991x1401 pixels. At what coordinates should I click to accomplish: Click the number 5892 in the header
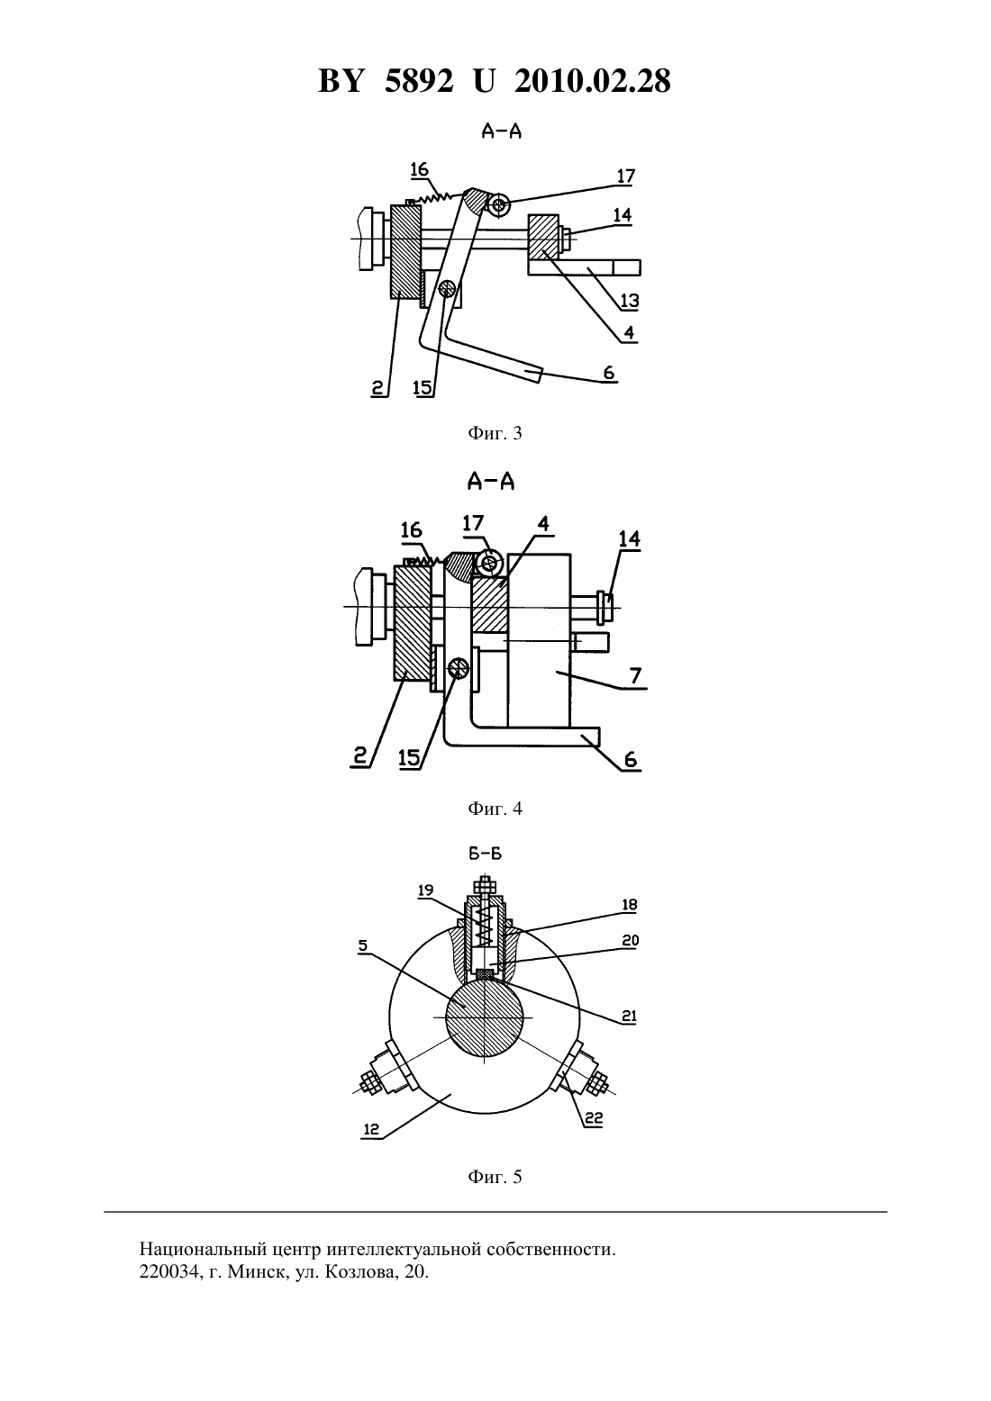419,81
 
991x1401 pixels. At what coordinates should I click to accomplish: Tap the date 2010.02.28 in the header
593,81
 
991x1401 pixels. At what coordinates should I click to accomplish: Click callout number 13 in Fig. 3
630,301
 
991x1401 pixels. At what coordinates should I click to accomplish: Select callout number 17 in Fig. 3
625,176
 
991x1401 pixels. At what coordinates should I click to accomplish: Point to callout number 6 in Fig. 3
609,374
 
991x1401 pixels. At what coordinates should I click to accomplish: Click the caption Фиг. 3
495,433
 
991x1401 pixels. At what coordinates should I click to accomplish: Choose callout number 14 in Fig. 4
630,538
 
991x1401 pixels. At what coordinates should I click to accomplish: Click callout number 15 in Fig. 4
409,758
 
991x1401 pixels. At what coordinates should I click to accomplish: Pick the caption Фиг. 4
495,809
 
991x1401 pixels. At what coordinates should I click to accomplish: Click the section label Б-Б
486,854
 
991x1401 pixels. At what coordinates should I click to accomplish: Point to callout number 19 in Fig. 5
425,890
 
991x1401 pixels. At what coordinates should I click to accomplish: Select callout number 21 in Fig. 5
629,1017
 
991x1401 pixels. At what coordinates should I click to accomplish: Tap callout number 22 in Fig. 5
593,1118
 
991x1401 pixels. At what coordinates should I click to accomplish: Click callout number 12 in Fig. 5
371,1129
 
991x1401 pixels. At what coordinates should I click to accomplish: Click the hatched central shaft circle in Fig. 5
485,1018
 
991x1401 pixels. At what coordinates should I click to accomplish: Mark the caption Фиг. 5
495,1177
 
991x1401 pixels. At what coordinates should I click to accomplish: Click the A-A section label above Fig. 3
502,131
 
